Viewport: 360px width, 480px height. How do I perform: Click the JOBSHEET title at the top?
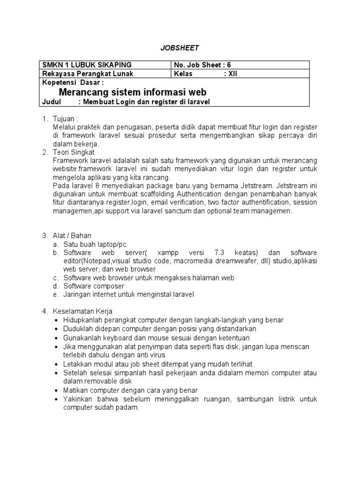[x=180, y=48]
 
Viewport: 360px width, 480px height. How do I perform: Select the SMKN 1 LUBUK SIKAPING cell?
[x=87, y=65]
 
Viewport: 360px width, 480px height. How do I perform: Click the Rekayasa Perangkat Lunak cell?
[x=88, y=74]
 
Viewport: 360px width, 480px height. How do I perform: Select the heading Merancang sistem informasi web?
[x=133, y=92]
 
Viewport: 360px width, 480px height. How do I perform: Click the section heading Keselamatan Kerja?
[x=82, y=311]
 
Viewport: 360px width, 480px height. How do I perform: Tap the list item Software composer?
[x=94, y=286]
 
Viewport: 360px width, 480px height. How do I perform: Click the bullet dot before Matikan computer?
[x=57, y=390]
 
